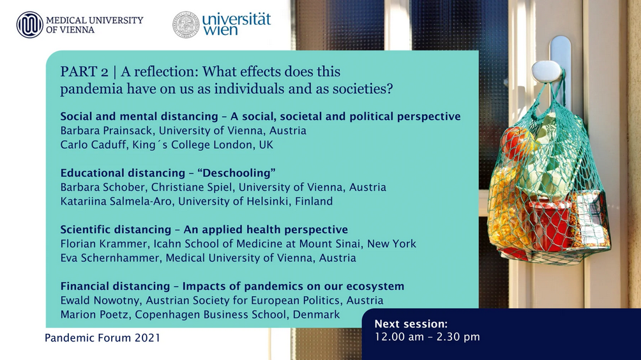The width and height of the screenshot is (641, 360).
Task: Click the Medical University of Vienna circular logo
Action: pos(30,24)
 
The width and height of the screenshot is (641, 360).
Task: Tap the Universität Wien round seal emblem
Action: pos(186,24)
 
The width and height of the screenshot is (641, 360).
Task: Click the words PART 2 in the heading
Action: pos(84,71)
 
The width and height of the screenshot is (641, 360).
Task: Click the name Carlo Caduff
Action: pos(93,145)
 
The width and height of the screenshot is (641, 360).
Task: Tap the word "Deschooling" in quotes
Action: pos(236,173)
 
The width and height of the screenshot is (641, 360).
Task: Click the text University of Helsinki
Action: pos(234,202)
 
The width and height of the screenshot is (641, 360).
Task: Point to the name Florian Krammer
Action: pos(104,244)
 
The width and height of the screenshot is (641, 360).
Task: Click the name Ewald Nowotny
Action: pos(101,301)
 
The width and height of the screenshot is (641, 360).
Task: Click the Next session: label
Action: pos(411,324)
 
